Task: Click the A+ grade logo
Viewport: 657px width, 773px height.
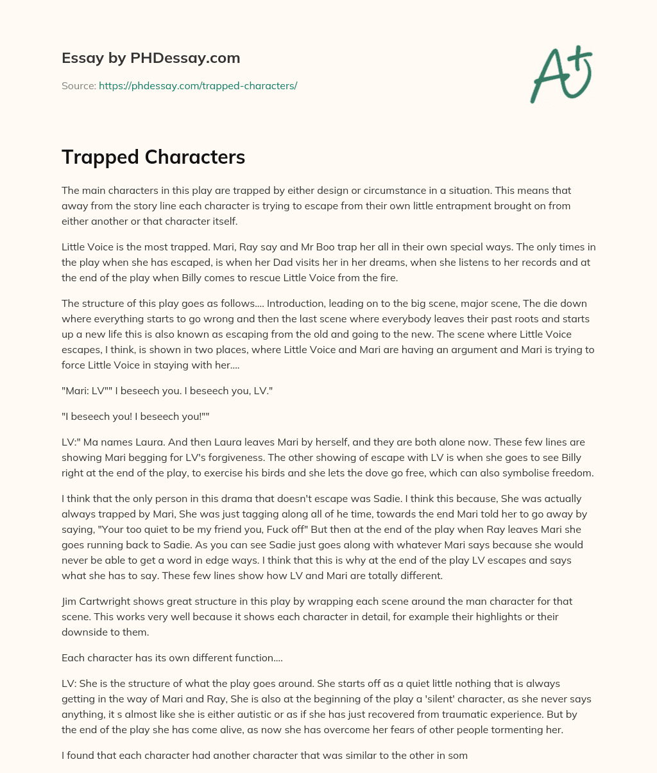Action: click(x=561, y=74)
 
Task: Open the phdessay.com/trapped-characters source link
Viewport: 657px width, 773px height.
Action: click(x=198, y=85)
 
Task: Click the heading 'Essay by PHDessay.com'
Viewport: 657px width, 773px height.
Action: click(x=151, y=58)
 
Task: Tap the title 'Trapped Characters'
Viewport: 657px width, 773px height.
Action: click(x=153, y=157)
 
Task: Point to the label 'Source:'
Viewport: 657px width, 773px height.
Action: click(x=78, y=85)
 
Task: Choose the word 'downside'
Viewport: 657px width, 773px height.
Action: click(x=87, y=632)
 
